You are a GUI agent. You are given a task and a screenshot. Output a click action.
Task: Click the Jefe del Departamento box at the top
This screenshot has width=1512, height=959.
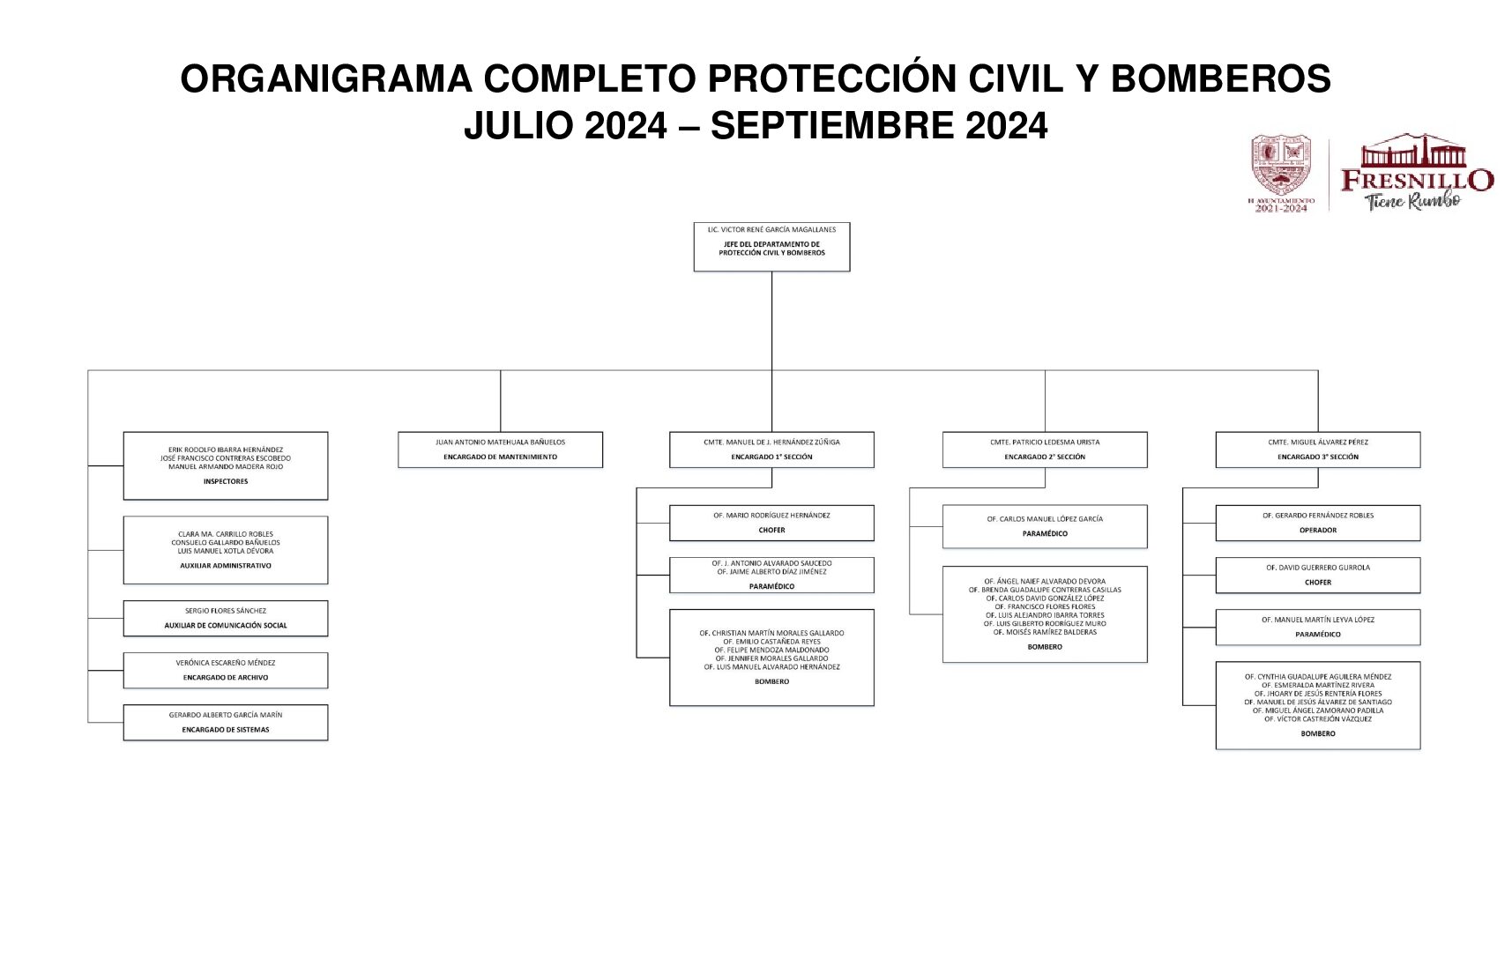(x=771, y=247)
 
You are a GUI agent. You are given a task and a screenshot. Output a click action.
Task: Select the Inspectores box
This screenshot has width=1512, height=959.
(x=226, y=465)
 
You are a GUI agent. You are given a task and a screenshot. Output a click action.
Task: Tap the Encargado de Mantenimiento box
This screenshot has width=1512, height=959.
(x=500, y=450)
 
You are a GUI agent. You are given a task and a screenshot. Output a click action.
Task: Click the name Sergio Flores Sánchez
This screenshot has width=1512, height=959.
(x=226, y=611)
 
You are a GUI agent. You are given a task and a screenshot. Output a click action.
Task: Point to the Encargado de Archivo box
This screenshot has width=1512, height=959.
(x=226, y=671)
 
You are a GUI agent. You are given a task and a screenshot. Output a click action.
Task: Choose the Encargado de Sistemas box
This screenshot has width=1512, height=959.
(x=226, y=723)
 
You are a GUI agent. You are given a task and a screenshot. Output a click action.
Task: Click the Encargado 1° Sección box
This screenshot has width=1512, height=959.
(x=771, y=450)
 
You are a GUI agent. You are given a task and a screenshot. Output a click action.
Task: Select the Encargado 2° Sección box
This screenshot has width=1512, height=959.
(x=1045, y=450)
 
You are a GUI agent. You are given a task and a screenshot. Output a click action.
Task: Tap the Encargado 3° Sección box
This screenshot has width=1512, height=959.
(x=1318, y=450)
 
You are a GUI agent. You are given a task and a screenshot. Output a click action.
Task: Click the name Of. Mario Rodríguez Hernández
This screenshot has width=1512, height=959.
(x=771, y=516)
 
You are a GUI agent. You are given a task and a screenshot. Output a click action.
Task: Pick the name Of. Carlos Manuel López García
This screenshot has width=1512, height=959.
(x=1045, y=519)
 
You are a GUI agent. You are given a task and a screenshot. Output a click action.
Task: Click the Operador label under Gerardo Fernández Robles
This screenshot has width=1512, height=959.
(x=1318, y=531)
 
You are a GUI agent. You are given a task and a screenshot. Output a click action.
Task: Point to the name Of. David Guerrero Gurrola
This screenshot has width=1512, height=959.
(x=1318, y=568)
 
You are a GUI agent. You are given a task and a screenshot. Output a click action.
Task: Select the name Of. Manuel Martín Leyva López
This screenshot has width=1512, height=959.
(x=1318, y=620)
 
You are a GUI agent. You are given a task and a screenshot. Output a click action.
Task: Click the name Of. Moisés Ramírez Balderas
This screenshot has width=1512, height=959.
(x=1045, y=632)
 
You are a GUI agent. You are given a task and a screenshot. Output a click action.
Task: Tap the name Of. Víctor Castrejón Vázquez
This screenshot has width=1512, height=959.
(x=1318, y=719)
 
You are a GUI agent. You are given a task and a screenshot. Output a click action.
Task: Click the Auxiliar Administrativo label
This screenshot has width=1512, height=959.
(x=226, y=566)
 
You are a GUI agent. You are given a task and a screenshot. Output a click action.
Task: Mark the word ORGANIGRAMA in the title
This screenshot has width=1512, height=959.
(x=326, y=79)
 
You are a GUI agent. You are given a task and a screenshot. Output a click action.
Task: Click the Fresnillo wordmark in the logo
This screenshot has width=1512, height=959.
(x=1417, y=180)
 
